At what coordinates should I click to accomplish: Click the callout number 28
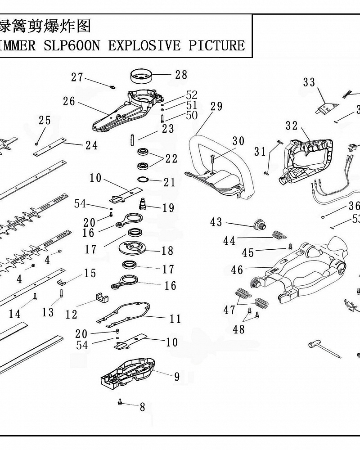point(181,75)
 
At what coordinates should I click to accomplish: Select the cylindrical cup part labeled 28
point(141,76)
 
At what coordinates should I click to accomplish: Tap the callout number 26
point(69,102)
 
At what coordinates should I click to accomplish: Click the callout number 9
point(177,376)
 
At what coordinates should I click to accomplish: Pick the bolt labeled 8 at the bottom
point(120,401)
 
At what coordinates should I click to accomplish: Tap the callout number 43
point(216,222)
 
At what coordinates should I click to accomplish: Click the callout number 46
point(237,270)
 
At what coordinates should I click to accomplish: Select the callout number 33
point(309,82)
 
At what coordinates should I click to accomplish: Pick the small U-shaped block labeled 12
point(103,298)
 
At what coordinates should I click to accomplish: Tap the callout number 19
point(168,208)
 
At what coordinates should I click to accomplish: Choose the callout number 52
point(192,95)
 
